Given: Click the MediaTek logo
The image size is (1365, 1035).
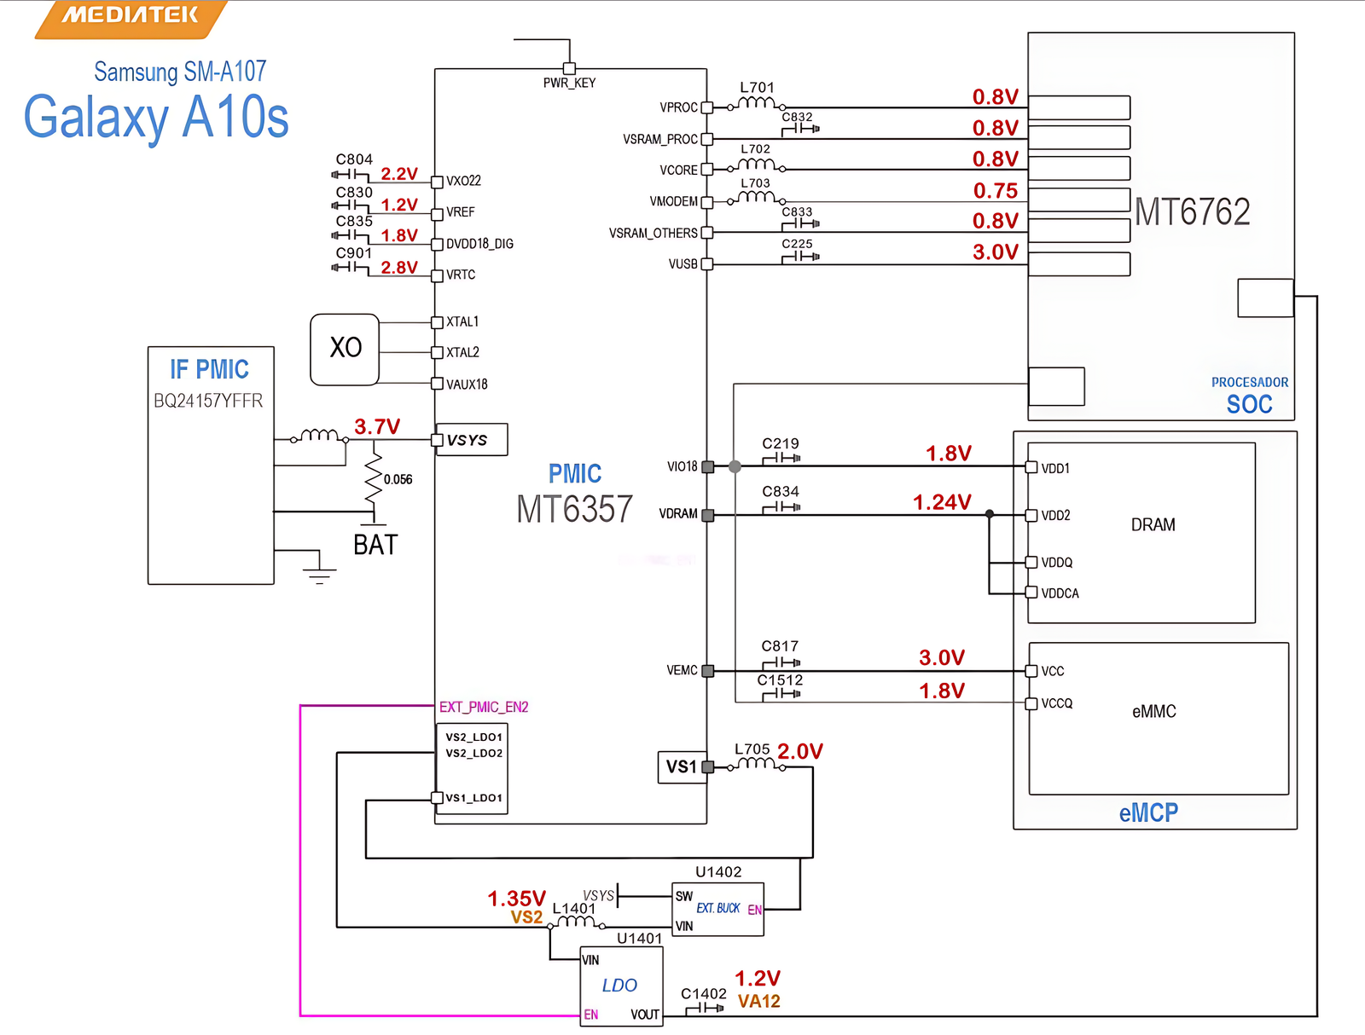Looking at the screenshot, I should pyautogui.click(x=130, y=16).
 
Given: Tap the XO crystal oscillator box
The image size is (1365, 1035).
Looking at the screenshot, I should pyautogui.click(x=345, y=349).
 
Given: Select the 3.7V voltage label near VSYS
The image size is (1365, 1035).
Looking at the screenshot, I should pyautogui.click(x=377, y=426).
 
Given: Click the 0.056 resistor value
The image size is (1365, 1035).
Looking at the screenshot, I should pyautogui.click(x=398, y=480).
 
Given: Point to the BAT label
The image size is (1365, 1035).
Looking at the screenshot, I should pyautogui.click(x=375, y=546).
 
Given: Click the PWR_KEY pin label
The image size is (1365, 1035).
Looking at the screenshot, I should pyautogui.click(x=569, y=83).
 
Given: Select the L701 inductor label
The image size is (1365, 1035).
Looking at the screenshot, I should pyautogui.click(x=757, y=87).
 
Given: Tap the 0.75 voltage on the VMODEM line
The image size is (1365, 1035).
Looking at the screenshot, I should pyautogui.click(x=996, y=191).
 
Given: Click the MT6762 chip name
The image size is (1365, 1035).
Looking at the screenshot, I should pyautogui.click(x=1192, y=211).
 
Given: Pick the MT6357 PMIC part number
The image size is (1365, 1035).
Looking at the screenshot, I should pyautogui.click(x=574, y=510).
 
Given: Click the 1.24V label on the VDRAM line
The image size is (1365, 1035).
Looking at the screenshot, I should pyautogui.click(x=942, y=502).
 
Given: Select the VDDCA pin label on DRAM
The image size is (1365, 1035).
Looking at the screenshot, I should pyautogui.click(x=1060, y=593).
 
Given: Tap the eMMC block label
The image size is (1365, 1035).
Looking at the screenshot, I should pyautogui.click(x=1153, y=711).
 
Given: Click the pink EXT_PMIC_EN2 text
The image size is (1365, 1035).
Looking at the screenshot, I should pyautogui.click(x=484, y=707).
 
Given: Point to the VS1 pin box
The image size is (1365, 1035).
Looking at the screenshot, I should pyautogui.click(x=681, y=766).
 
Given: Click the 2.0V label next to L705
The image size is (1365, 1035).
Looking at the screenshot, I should pyautogui.click(x=799, y=751).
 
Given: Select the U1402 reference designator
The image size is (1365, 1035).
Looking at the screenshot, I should pyautogui.click(x=718, y=871).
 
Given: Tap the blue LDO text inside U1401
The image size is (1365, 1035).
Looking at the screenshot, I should pyautogui.click(x=619, y=986).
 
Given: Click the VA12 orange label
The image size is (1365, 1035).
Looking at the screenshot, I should pyautogui.click(x=759, y=1001).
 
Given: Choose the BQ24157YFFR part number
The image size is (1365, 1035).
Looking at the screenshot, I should pyautogui.click(x=208, y=401).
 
